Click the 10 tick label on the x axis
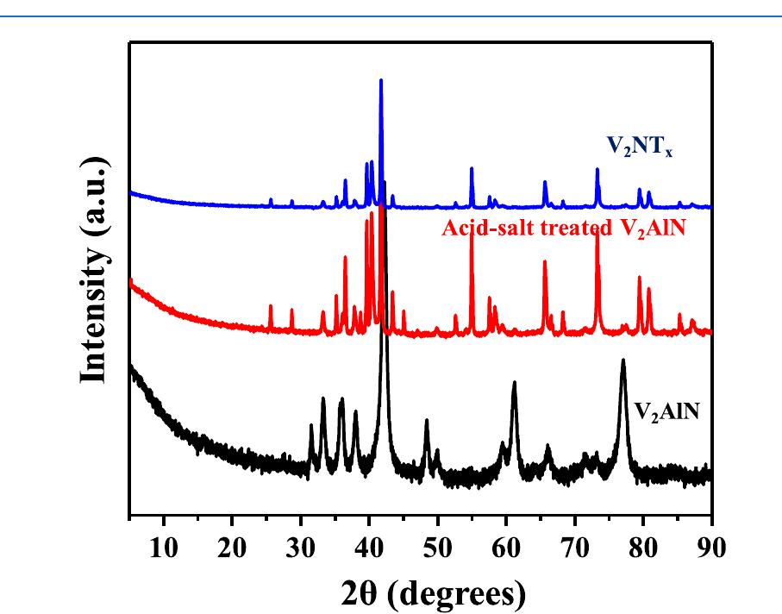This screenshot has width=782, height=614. click(x=164, y=548)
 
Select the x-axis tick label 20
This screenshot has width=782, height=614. click(x=232, y=548)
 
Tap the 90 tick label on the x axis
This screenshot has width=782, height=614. click(x=710, y=548)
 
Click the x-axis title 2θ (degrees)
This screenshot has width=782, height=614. click(x=420, y=591)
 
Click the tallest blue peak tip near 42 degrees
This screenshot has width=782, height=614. click(x=381, y=79)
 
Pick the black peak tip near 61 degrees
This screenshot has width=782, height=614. click(x=515, y=382)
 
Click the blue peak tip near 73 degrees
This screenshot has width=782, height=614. click(x=597, y=169)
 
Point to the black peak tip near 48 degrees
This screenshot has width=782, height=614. click(x=427, y=420)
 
